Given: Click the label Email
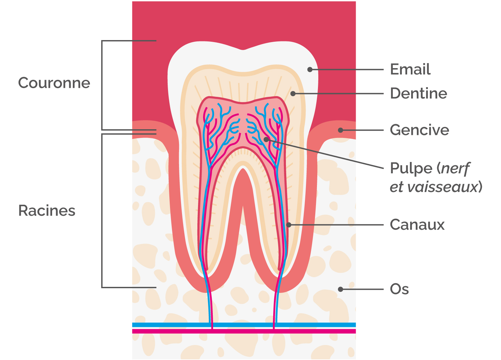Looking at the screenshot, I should click(x=410, y=69).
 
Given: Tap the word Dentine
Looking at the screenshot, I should click(x=418, y=94).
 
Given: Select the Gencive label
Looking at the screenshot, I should click(x=419, y=130).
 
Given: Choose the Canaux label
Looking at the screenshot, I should click(x=417, y=225).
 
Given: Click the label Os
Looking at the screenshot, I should click(x=399, y=289).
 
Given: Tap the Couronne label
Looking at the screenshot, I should click(x=54, y=83).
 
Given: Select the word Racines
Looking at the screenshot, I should click(x=47, y=211).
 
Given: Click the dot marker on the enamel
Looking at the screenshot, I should click(x=310, y=69).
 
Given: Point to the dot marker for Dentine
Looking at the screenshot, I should click(x=293, y=94).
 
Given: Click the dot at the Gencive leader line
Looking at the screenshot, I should click(x=340, y=130).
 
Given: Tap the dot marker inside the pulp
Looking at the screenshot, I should click(x=266, y=139).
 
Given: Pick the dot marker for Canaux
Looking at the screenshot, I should click(x=289, y=225).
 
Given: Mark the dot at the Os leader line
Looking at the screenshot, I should click(x=340, y=289).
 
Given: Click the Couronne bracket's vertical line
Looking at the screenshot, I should click(x=102, y=85).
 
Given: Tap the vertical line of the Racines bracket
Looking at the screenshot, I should click(x=102, y=210).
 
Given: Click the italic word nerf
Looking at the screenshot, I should click(x=455, y=169).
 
